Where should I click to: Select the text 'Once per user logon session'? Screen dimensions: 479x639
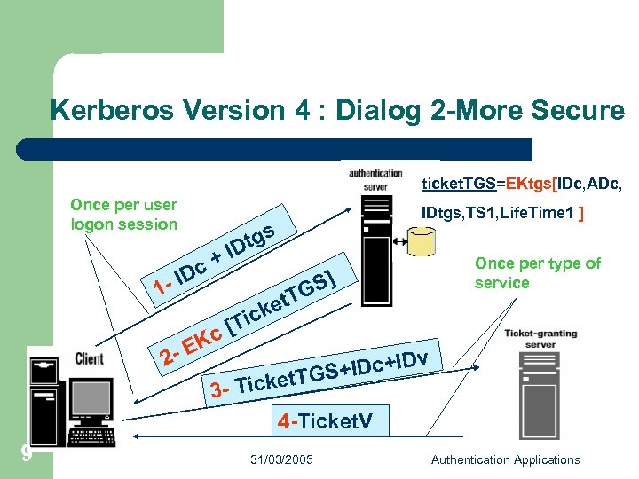(123, 215)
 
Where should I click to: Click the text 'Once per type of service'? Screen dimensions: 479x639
(537, 273)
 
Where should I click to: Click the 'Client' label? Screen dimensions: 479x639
(90, 359)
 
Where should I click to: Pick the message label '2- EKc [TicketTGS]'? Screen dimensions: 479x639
(249, 320)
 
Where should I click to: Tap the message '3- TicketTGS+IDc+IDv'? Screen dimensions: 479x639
(323, 373)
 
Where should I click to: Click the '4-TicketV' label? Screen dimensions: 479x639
(323, 421)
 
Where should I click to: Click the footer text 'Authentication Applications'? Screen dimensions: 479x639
(505, 459)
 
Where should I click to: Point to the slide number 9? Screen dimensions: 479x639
(27, 453)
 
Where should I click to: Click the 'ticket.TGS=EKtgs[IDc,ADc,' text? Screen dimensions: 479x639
(521, 184)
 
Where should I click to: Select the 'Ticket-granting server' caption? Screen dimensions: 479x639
(540, 339)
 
